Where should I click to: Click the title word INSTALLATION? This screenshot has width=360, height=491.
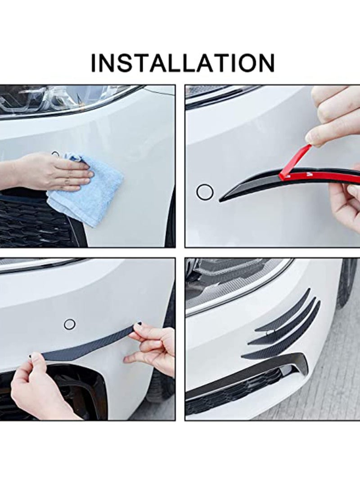point(182,63)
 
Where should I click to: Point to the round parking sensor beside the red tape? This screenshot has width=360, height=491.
point(205,192)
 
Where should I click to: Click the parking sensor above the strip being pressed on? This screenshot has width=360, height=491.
point(70,324)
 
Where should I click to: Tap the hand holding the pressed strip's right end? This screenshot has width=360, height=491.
point(153,347)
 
